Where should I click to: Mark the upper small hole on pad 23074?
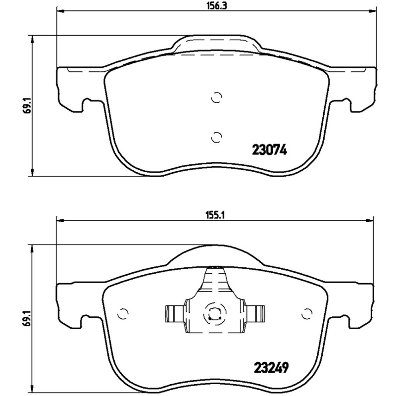pyautogui.click(x=216, y=98)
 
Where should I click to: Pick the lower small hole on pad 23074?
pyautogui.click(x=216, y=136)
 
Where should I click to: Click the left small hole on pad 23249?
pyautogui.click(x=123, y=313)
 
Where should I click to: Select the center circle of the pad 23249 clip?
pyautogui.click(x=214, y=313)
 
